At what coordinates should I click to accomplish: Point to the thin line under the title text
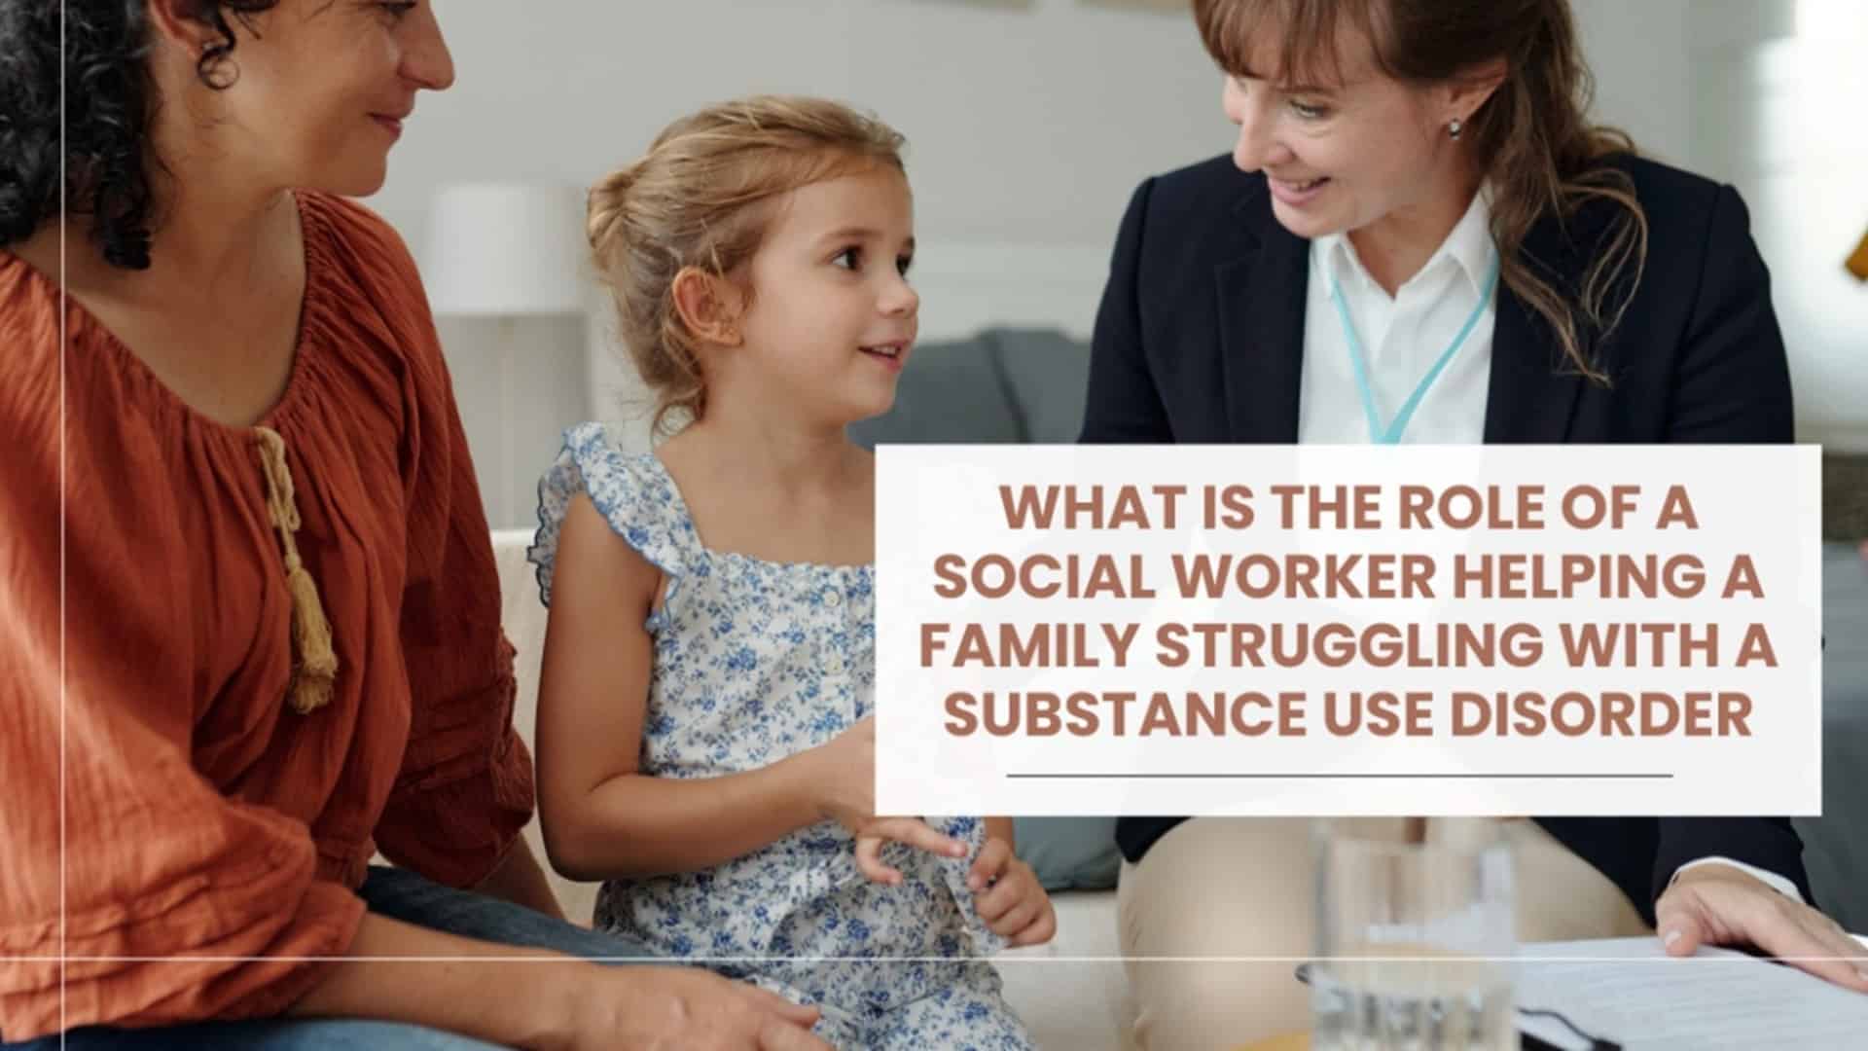click(1340, 776)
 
